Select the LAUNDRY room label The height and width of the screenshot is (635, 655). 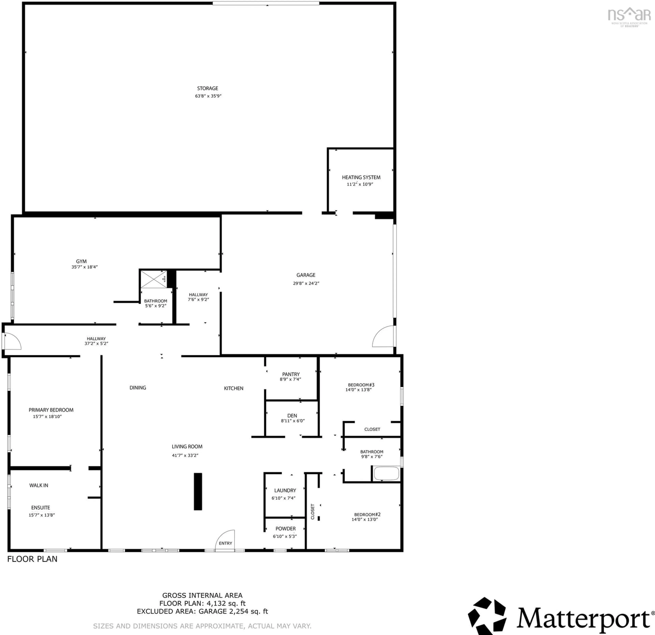point(285,490)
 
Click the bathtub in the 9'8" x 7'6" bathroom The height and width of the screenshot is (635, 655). point(386,474)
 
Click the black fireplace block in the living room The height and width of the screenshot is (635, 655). point(198,491)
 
